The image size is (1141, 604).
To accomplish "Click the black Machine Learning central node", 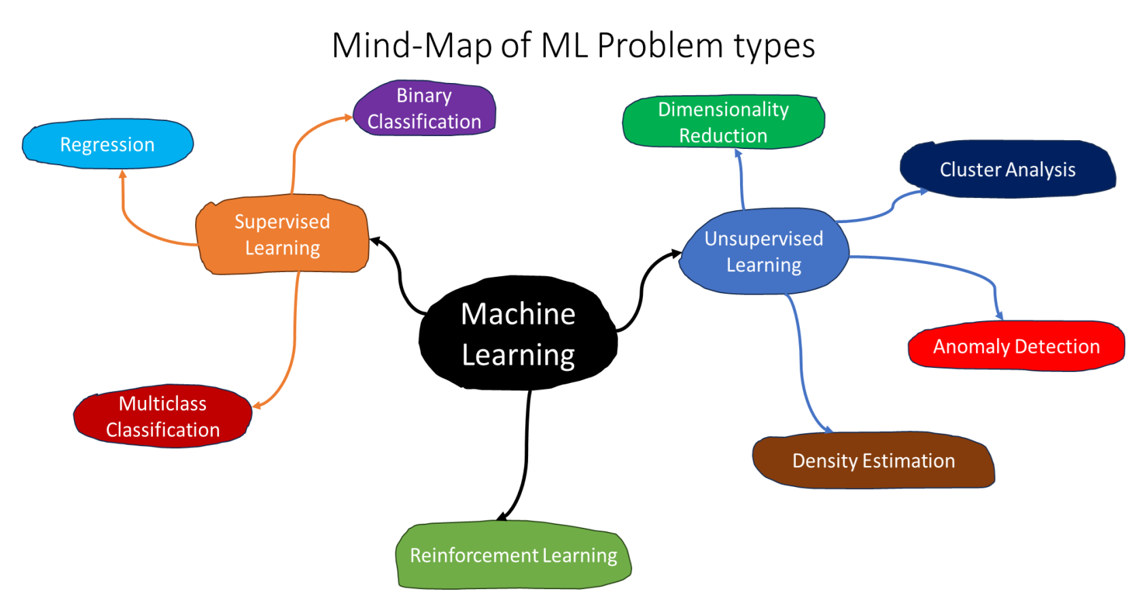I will point(518,334).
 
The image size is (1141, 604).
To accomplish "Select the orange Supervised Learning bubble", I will point(282,235).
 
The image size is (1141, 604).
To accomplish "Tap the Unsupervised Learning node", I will point(764,252).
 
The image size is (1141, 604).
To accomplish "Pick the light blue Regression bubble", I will point(107,144).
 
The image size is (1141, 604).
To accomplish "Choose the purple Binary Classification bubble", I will point(424,108).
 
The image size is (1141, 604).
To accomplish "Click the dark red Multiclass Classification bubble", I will point(162,416).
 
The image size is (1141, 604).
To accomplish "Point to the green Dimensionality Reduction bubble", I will point(723,122).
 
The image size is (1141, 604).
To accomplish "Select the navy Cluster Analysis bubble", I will point(1007,169).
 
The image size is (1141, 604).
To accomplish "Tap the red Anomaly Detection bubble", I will point(1016,346).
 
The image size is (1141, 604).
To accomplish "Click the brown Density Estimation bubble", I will point(873,460).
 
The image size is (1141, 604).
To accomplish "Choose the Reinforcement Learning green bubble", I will point(513,555).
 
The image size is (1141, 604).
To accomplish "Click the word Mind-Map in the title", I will point(413,46).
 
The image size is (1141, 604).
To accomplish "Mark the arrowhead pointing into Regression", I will point(123,175).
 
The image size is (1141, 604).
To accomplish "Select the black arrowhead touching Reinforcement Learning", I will point(503,516).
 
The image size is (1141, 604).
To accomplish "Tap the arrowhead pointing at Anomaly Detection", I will point(999,315).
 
